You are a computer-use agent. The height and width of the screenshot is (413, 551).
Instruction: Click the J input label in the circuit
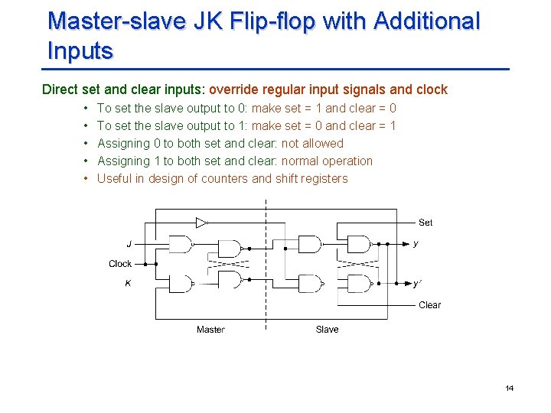click(x=129, y=244)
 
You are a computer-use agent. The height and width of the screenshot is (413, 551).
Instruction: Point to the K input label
click(x=129, y=283)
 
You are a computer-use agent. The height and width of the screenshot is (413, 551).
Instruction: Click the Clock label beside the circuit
click(x=120, y=264)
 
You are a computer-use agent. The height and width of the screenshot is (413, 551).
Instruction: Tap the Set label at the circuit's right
click(x=425, y=223)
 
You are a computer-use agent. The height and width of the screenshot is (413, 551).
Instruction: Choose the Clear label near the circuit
click(x=429, y=305)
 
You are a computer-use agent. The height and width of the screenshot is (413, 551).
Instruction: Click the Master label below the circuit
click(x=210, y=330)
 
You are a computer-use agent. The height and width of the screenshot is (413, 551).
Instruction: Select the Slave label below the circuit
click(x=327, y=330)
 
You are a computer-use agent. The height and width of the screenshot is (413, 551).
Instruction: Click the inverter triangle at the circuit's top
click(x=201, y=223)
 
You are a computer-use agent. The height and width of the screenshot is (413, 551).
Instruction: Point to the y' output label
click(x=416, y=284)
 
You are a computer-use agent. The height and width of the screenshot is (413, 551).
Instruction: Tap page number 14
click(x=510, y=389)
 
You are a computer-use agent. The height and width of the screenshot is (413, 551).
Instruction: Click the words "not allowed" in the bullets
click(x=313, y=144)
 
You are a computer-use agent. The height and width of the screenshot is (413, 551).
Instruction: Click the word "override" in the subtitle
click(x=234, y=89)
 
